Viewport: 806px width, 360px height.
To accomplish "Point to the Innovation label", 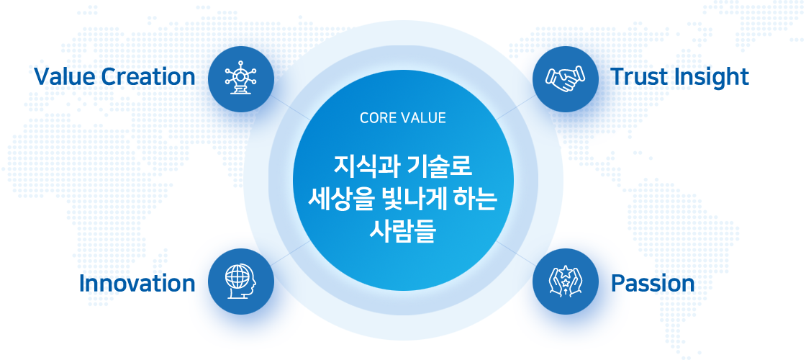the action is pyautogui.click(x=137, y=284).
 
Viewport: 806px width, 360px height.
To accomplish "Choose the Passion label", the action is pyautogui.click(x=652, y=284).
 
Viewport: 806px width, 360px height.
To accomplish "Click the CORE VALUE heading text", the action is pyautogui.click(x=403, y=118).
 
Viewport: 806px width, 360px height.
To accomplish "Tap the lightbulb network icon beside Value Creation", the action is pyautogui.click(x=241, y=78).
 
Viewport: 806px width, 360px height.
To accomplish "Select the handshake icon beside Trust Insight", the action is pyautogui.click(x=566, y=79).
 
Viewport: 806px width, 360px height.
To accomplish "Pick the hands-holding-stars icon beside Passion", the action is pyautogui.click(x=566, y=282).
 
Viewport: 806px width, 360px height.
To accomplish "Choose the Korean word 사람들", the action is pyautogui.click(x=402, y=232).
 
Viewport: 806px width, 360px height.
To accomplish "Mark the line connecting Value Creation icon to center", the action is pyautogui.click(x=291, y=108).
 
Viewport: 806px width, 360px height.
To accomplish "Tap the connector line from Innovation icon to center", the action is pyautogui.click(x=291, y=253).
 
